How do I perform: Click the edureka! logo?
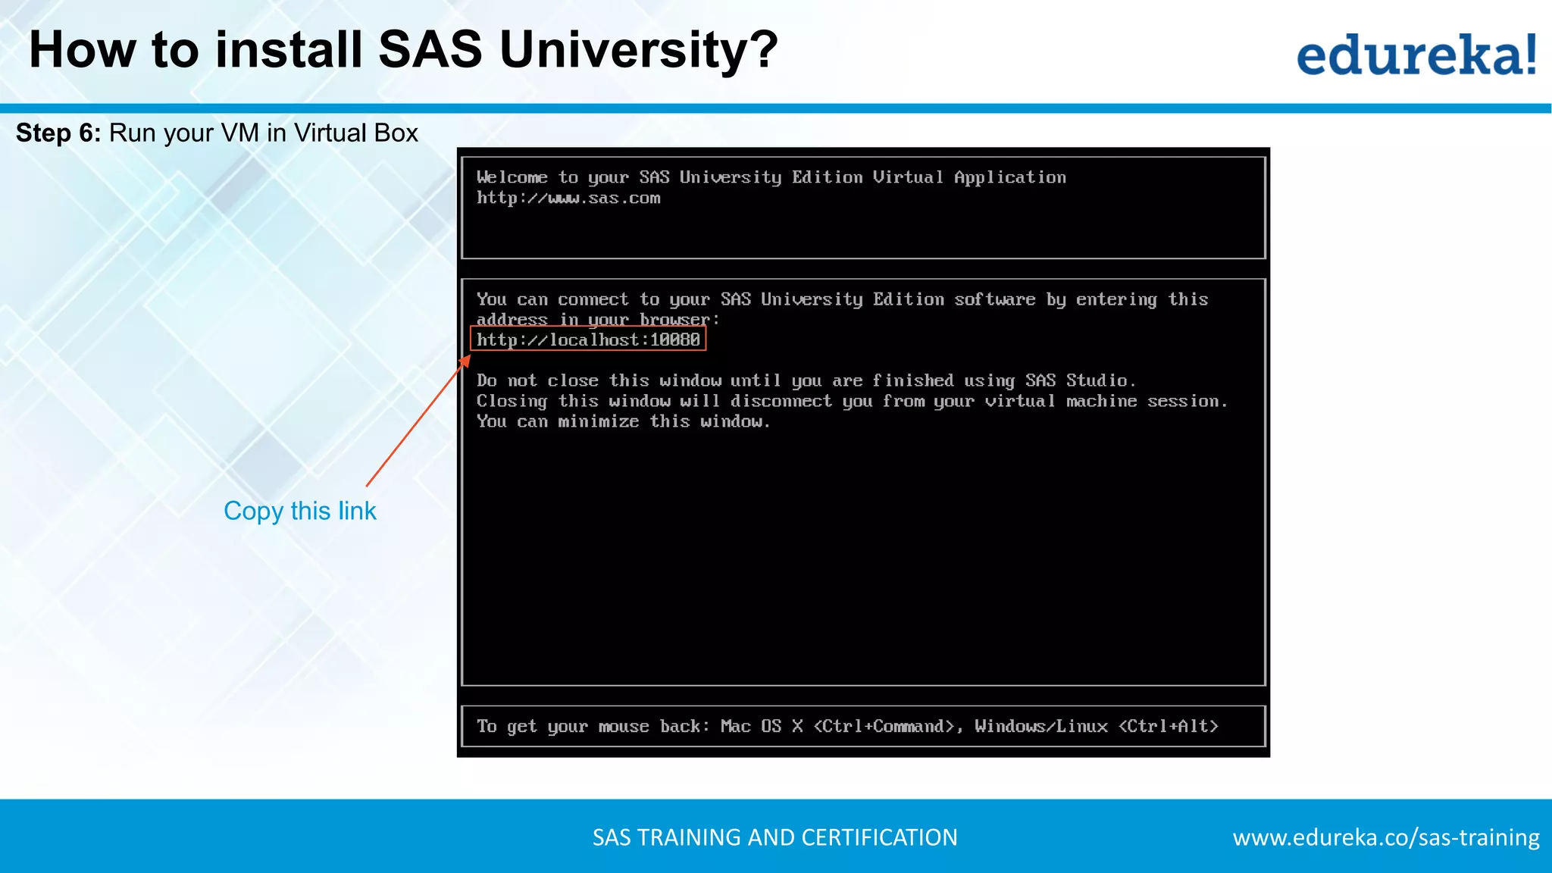pyautogui.click(x=1416, y=55)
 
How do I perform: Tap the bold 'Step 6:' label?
pyautogui.click(x=58, y=133)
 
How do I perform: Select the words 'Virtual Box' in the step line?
pyautogui.click(x=355, y=133)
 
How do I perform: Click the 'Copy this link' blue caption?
pyautogui.click(x=299, y=511)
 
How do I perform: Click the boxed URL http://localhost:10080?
pyautogui.click(x=588, y=339)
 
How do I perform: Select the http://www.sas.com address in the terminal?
pyautogui.click(x=568, y=199)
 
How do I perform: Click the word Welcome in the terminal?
pyautogui.click(x=512, y=177)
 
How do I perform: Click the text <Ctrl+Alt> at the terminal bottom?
pyautogui.click(x=1168, y=726)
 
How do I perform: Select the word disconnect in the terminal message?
pyautogui.click(x=781, y=401)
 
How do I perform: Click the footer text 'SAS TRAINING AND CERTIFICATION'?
pyautogui.click(x=774, y=837)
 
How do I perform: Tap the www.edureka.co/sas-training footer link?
pyautogui.click(x=1385, y=837)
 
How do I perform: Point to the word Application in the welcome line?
pyautogui.click(x=1009, y=177)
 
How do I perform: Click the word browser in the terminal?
pyautogui.click(x=674, y=320)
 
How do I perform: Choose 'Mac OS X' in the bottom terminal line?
pyautogui.click(x=761, y=726)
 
